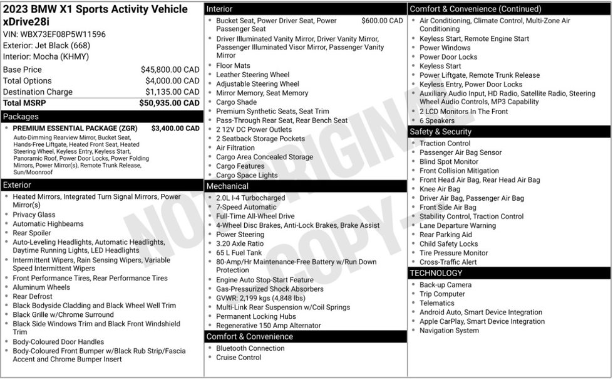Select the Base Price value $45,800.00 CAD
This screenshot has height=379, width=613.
170,70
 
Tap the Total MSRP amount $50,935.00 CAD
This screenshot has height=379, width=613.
169,103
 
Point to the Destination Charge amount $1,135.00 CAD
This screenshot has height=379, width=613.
172,92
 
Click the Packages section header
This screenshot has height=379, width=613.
21,117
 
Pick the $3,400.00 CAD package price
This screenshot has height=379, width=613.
175,129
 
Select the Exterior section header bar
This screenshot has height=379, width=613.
17,185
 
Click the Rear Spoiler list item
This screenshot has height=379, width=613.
33,233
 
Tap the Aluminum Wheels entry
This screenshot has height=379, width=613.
41,287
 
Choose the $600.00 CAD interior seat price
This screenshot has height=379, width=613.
382,21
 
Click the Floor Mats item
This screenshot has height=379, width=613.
233,65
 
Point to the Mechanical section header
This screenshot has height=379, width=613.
227,186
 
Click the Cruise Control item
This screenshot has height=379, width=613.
239,358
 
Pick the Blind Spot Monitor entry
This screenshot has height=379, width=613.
448,161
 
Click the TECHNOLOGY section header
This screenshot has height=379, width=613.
436,273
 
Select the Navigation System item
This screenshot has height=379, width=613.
449,331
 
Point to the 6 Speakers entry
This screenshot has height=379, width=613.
437,120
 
